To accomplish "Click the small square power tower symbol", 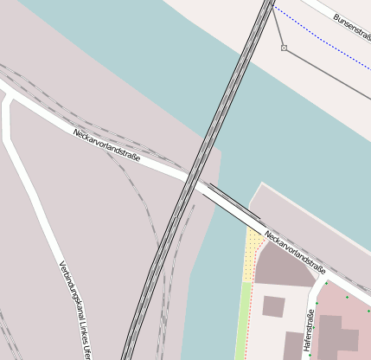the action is pyautogui.click(x=284, y=48).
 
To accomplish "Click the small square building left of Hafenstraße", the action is pyautogui.click(x=273, y=305).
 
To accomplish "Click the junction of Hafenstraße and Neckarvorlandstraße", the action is pyautogui.click(x=327, y=279).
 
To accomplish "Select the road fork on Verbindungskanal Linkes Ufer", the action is pyautogui.click(x=9, y=98).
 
